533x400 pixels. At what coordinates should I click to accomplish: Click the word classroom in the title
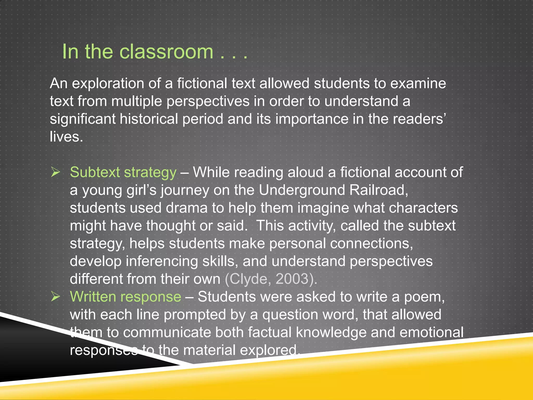(x=166, y=52)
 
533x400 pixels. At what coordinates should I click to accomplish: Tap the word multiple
(x=137, y=101)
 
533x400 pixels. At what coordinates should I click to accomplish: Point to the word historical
(x=149, y=119)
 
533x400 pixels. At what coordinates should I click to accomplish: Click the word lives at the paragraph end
(x=66, y=137)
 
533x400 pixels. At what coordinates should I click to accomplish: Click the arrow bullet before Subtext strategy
(x=55, y=172)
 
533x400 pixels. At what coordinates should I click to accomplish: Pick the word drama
(x=187, y=208)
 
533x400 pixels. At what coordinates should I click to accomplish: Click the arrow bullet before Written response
(x=55, y=297)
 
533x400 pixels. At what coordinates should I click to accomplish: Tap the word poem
(x=424, y=297)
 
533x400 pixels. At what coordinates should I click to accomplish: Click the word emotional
(x=431, y=333)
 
